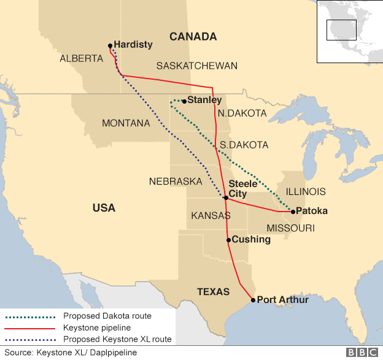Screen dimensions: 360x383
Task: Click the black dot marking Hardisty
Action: [110, 45]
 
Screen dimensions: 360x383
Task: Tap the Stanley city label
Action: [204, 100]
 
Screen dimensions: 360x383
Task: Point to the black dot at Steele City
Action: [226, 197]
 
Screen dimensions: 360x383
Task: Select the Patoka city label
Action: [312, 211]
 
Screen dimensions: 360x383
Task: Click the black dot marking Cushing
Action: [228, 240]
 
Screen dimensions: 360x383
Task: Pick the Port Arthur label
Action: [282, 300]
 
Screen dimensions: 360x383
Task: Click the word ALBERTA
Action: [81, 59]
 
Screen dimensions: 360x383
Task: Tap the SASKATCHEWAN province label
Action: [196, 66]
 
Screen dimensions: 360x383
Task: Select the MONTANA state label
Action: [126, 123]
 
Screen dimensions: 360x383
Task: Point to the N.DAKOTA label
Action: [242, 113]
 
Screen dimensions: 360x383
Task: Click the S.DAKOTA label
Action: [244, 145]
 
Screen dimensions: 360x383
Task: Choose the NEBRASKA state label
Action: [176, 182]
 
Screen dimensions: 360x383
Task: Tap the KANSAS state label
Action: [211, 216]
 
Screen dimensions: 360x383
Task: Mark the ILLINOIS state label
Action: [305, 192]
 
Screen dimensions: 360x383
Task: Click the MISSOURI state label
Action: [290, 228]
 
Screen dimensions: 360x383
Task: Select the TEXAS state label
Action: [213, 292]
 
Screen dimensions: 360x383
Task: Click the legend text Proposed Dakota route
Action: [107, 316]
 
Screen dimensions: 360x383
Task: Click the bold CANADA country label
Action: [193, 37]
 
